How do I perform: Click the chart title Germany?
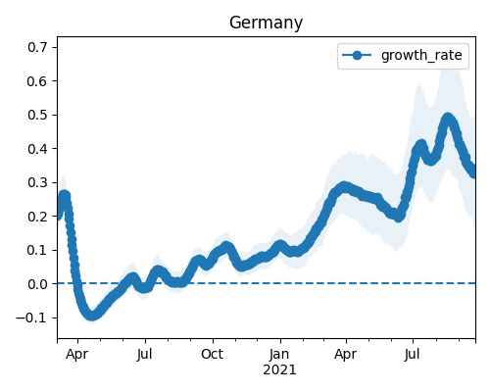click(266, 24)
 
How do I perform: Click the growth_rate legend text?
click(421, 55)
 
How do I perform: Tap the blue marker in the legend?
click(357, 55)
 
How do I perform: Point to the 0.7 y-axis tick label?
click(37, 47)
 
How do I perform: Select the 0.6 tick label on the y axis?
click(37, 81)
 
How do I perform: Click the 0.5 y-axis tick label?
click(37, 115)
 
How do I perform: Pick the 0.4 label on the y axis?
click(37, 149)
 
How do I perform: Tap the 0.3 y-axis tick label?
click(37, 182)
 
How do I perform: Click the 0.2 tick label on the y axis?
click(37, 217)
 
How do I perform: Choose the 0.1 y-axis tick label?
click(37, 250)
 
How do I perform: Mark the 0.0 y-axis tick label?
click(37, 284)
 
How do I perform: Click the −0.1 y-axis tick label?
click(32, 318)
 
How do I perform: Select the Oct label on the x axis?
click(213, 354)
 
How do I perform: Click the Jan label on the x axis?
click(279, 354)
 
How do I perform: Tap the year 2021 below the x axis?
click(279, 369)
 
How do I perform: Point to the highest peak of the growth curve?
click(447, 118)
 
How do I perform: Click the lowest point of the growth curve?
click(92, 316)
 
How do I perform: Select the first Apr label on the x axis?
click(77, 355)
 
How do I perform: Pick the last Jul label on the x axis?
click(412, 354)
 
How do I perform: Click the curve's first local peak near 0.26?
click(65, 195)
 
